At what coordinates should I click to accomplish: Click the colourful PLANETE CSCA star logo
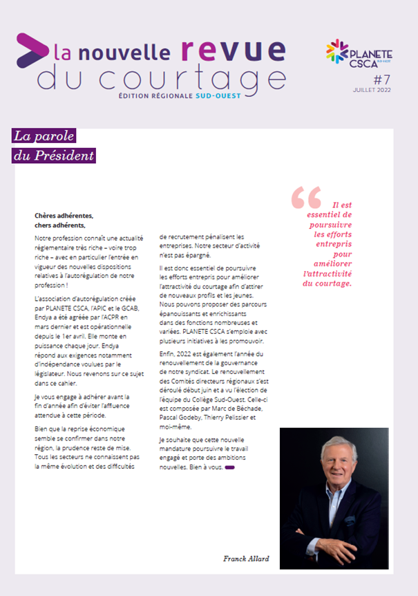[338, 53]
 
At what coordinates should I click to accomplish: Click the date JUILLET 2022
[372, 91]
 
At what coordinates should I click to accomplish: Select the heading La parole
[44, 137]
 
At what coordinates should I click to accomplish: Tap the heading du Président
[53, 156]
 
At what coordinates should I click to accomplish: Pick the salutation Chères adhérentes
[63, 216]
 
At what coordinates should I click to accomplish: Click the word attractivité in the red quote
[327, 274]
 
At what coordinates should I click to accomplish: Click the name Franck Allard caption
[245, 558]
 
